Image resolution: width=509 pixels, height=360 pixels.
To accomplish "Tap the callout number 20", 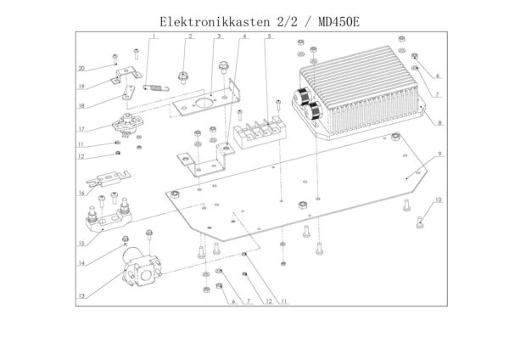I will pos(82,68).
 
